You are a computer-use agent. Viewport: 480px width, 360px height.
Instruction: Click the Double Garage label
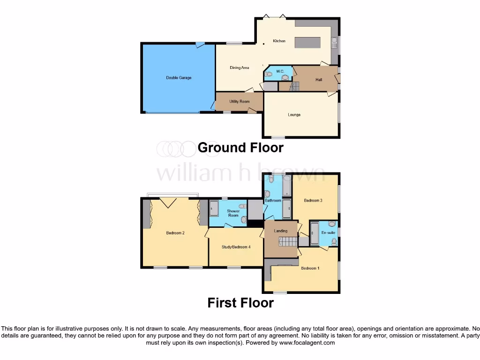point(179,78)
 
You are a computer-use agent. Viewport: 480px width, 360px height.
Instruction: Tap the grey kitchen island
point(308,43)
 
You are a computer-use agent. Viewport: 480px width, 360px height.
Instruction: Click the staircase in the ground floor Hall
point(295,86)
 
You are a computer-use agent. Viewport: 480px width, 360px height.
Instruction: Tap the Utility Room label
point(239,101)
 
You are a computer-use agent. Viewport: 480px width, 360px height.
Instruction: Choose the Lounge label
point(294,115)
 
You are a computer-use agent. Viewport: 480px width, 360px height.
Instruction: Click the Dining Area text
point(239,68)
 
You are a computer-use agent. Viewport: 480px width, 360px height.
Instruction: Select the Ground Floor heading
point(240,147)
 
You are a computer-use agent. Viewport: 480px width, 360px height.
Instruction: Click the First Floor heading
point(240,303)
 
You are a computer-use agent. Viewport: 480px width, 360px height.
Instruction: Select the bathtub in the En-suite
point(315,232)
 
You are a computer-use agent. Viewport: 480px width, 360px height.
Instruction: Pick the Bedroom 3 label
point(313,201)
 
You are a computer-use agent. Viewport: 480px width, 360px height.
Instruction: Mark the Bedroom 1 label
point(310,268)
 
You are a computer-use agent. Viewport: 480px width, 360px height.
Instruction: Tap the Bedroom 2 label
point(175,232)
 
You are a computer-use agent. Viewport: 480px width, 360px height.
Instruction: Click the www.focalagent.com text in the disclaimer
point(307,343)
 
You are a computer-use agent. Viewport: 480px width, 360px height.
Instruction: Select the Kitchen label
point(279,41)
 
